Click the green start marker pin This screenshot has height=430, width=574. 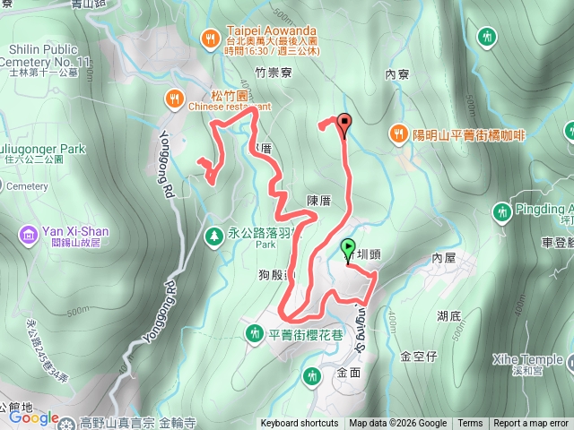[x=348, y=248]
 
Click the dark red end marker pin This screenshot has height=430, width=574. [x=344, y=125]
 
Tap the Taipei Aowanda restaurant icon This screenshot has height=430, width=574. [x=209, y=38]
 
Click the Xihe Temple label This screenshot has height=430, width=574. [x=526, y=359]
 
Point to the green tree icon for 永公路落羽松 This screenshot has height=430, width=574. [x=213, y=235]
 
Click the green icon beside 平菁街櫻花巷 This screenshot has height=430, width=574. [x=254, y=334]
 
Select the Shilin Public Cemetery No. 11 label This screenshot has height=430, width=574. [x=52, y=56]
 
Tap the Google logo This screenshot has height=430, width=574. [x=34, y=417]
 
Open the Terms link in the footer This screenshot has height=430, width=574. [x=470, y=424]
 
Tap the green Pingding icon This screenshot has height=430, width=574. [x=500, y=211]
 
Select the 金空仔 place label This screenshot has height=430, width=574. [x=419, y=356]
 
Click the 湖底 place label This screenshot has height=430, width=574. [x=449, y=316]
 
